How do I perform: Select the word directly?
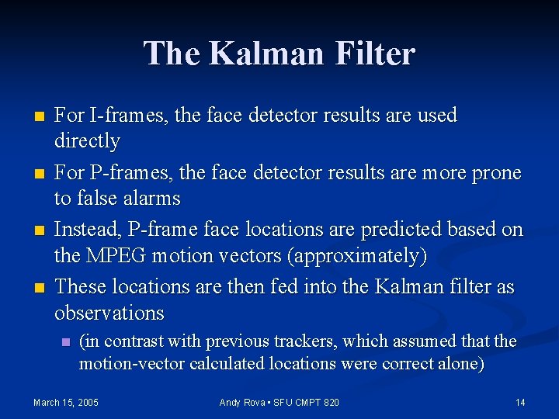click(87, 141)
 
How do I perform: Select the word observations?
click(109, 313)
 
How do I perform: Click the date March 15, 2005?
click(66, 402)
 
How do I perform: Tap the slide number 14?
click(520, 402)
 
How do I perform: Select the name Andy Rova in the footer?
click(241, 402)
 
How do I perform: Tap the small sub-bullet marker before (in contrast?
click(66, 342)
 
